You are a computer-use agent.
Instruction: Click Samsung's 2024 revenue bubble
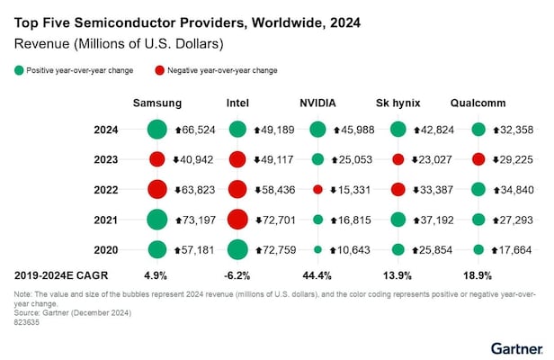click(157, 130)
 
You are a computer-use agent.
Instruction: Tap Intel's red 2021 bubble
click(237, 219)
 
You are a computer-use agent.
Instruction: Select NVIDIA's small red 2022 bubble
click(317, 189)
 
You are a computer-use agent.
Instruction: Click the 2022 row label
click(106, 189)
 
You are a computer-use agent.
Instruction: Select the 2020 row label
click(106, 248)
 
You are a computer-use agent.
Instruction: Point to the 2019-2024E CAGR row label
click(54, 273)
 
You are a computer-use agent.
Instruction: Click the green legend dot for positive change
click(19, 69)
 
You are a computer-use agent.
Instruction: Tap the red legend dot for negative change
click(159, 69)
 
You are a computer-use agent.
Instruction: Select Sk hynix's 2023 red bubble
click(398, 159)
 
